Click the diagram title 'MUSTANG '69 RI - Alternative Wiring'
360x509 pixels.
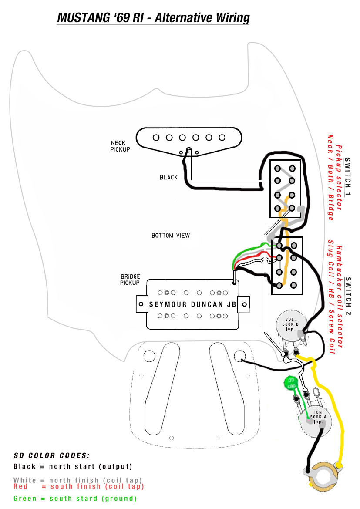coord(153,18)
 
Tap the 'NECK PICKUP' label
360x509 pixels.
coord(121,146)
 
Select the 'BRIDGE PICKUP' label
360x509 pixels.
coord(130,280)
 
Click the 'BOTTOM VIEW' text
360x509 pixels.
coord(171,236)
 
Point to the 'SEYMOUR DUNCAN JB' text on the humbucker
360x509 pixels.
coord(192,304)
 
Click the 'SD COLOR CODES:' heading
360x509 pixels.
coord(51,456)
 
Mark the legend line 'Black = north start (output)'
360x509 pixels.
coord(73,467)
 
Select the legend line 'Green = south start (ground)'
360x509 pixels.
coord(75,499)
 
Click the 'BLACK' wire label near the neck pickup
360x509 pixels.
coord(168,177)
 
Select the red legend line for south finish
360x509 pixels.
coord(78,486)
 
